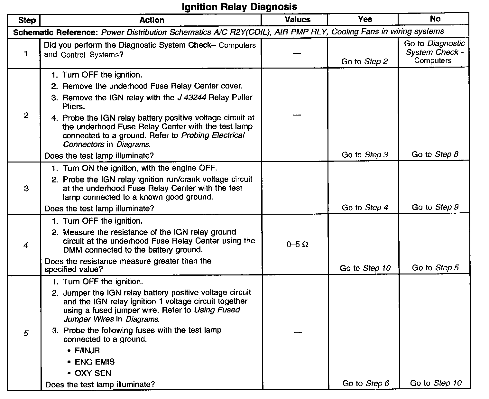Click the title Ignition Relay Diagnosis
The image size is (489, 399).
click(239, 7)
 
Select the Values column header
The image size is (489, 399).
click(298, 20)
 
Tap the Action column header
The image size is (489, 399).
click(152, 20)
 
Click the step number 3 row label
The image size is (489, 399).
click(26, 188)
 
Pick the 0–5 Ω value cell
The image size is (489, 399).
click(297, 245)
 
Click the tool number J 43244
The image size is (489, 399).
click(192, 97)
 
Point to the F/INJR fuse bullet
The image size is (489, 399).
click(87, 350)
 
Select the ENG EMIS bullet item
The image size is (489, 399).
click(94, 362)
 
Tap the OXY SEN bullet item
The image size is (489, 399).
click(93, 373)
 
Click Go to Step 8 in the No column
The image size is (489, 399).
click(435, 154)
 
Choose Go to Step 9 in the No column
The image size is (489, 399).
click(435, 207)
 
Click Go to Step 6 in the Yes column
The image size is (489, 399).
click(365, 383)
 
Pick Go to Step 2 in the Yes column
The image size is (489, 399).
click(364, 61)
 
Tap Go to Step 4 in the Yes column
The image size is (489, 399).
click(365, 208)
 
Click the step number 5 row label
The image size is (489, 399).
click(26, 333)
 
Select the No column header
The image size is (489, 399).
click(435, 19)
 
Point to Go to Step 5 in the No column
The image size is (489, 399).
click(435, 268)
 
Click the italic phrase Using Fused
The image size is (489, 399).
click(217, 310)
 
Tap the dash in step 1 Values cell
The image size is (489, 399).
click(297, 53)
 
